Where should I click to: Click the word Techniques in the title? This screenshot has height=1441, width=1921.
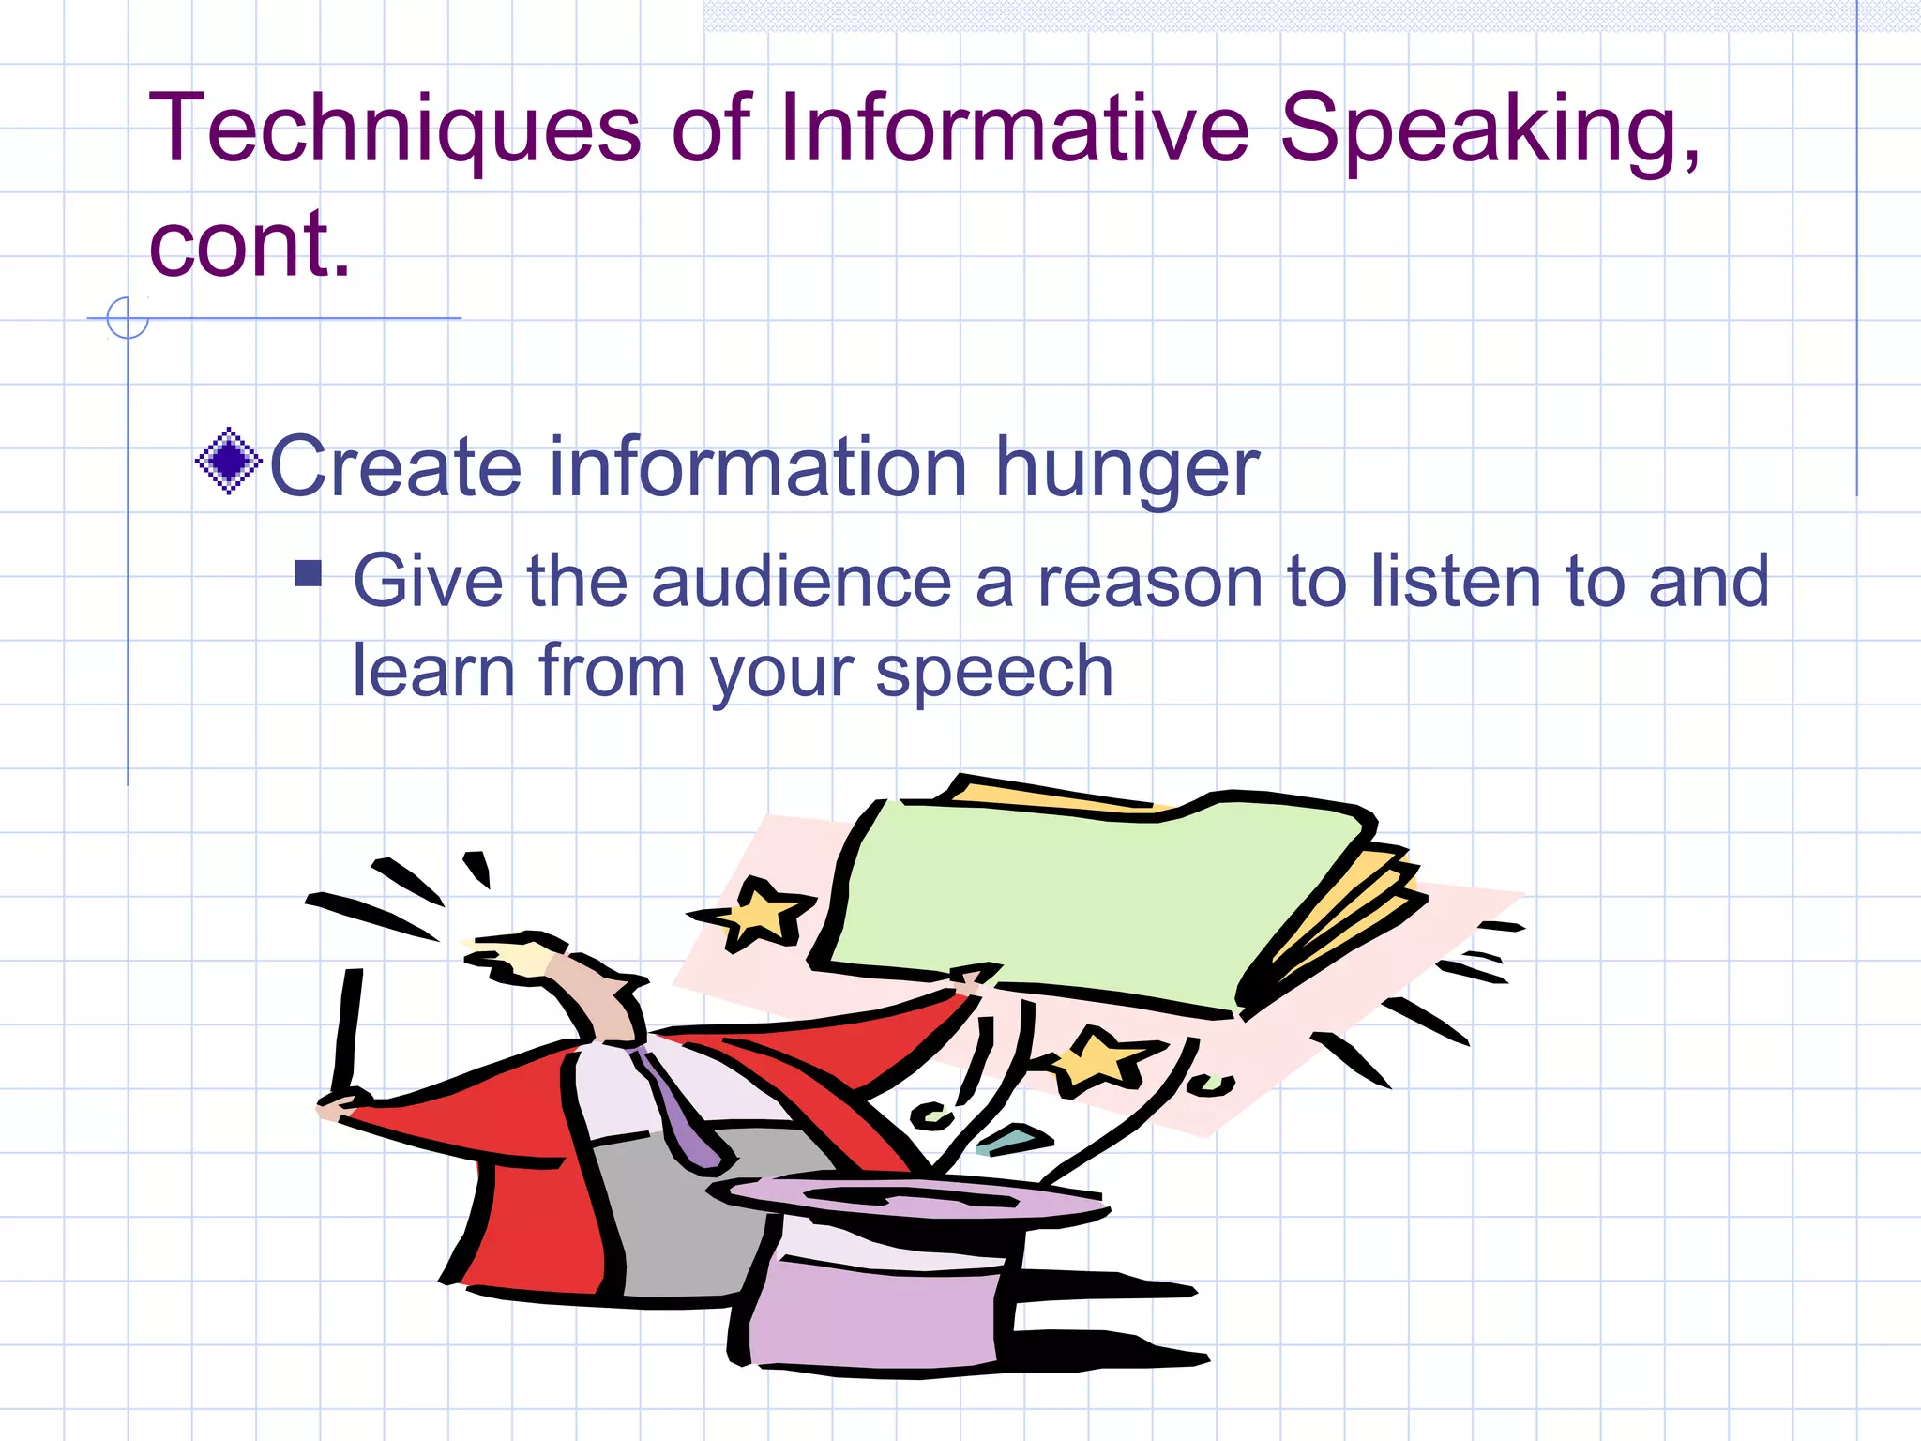click(x=394, y=129)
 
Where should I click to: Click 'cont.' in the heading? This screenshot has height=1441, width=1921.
click(x=250, y=246)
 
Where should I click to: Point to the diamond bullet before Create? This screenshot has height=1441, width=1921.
click(x=228, y=461)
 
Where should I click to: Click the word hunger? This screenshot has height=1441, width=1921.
click(x=1126, y=469)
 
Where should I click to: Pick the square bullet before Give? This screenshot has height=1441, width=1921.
click(x=308, y=573)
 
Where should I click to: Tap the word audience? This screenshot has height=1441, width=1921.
click(x=802, y=582)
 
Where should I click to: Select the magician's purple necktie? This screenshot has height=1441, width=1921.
click(x=680, y=1116)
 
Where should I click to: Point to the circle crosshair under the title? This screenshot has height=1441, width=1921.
click(x=128, y=318)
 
